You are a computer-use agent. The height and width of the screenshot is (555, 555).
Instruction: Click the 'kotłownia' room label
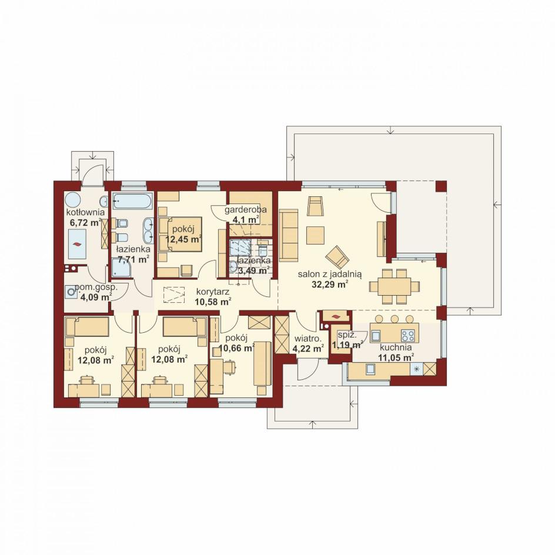point(86,212)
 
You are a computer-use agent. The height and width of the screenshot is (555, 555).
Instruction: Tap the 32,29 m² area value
point(330,284)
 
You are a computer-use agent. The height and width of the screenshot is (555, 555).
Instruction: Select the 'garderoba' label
point(246,209)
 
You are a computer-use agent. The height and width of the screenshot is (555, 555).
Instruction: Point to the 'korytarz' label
point(213,292)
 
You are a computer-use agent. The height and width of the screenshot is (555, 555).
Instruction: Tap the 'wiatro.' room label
point(307,339)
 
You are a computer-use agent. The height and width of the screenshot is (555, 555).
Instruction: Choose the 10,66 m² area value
point(236,348)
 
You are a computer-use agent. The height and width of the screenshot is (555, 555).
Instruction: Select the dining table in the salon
point(394,286)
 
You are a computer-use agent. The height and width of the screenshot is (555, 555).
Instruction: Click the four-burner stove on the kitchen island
point(408,335)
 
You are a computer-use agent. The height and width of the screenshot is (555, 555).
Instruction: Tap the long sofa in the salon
point(289,235)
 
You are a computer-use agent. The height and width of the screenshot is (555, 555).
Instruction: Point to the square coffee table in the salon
point(315,235)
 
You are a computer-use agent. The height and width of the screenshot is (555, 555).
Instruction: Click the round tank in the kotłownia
point(73,200)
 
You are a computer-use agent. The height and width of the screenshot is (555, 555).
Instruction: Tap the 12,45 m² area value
point(183,239)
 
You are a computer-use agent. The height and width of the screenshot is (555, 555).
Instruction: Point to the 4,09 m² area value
point(95,297)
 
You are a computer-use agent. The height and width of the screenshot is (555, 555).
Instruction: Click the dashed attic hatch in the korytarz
point(174,295)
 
